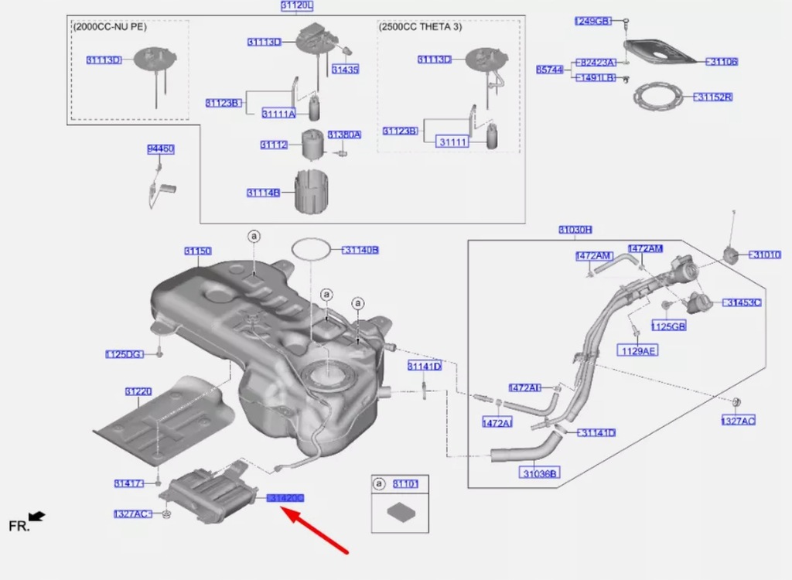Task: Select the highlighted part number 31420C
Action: point(286,498)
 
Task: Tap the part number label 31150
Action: point(198,251)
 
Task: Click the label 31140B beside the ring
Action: point(361,250)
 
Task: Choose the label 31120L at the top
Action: point(297,6)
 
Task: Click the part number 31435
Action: point(345,70)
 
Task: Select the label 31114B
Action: point(264,193)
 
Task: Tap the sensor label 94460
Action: point(161,148)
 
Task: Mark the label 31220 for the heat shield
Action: point(138,391)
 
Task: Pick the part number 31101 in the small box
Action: point(405,484)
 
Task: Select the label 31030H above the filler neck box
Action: point(575,230)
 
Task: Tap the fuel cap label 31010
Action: point(766,254)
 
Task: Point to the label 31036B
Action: point(541,473)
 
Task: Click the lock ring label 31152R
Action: point(714,97)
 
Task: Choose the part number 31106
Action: point(723,61)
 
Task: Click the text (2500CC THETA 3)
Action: point(420,26)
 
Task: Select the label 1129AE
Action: point(638,350)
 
